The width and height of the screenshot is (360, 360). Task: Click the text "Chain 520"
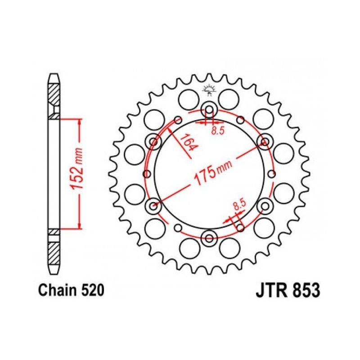tap(71, 290)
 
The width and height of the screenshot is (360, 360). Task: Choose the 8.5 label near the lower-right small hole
tap(239, 206)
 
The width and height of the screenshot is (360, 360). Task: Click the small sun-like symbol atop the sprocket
tap(208, 89)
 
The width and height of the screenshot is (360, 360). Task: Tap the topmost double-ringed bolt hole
tap(209, 109)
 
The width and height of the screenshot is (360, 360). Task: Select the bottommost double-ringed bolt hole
tap(209, 238)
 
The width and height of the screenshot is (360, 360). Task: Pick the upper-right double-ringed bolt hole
tap(264, 142)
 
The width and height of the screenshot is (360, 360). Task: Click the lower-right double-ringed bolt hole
tap(265, 206)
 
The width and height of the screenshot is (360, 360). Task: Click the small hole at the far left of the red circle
tap(146, 174)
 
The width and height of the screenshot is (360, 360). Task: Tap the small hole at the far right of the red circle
tap(272, 174)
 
